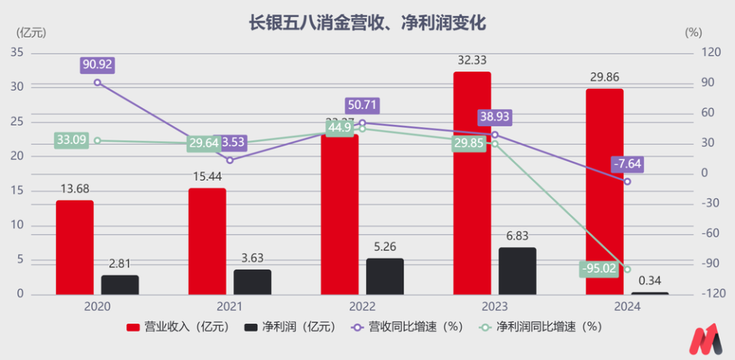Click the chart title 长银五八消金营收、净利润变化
(x=367, y=23)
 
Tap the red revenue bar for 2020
(x=75, y=247)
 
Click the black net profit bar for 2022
(x=384, y=276)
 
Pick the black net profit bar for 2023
(x=517, y=270)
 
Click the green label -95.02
(x=599, y=269)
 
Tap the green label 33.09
(x=71, y=140)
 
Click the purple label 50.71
(x=362, y=106)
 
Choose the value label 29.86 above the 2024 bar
(x=604, y=77)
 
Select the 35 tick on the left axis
(x=17, y=53)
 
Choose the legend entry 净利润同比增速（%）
(x=540, y=326)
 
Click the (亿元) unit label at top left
(x=31, y=33)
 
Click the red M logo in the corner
(x=705, y=339)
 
